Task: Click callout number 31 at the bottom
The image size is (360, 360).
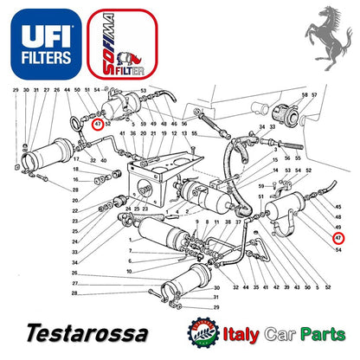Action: point(215,299)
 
